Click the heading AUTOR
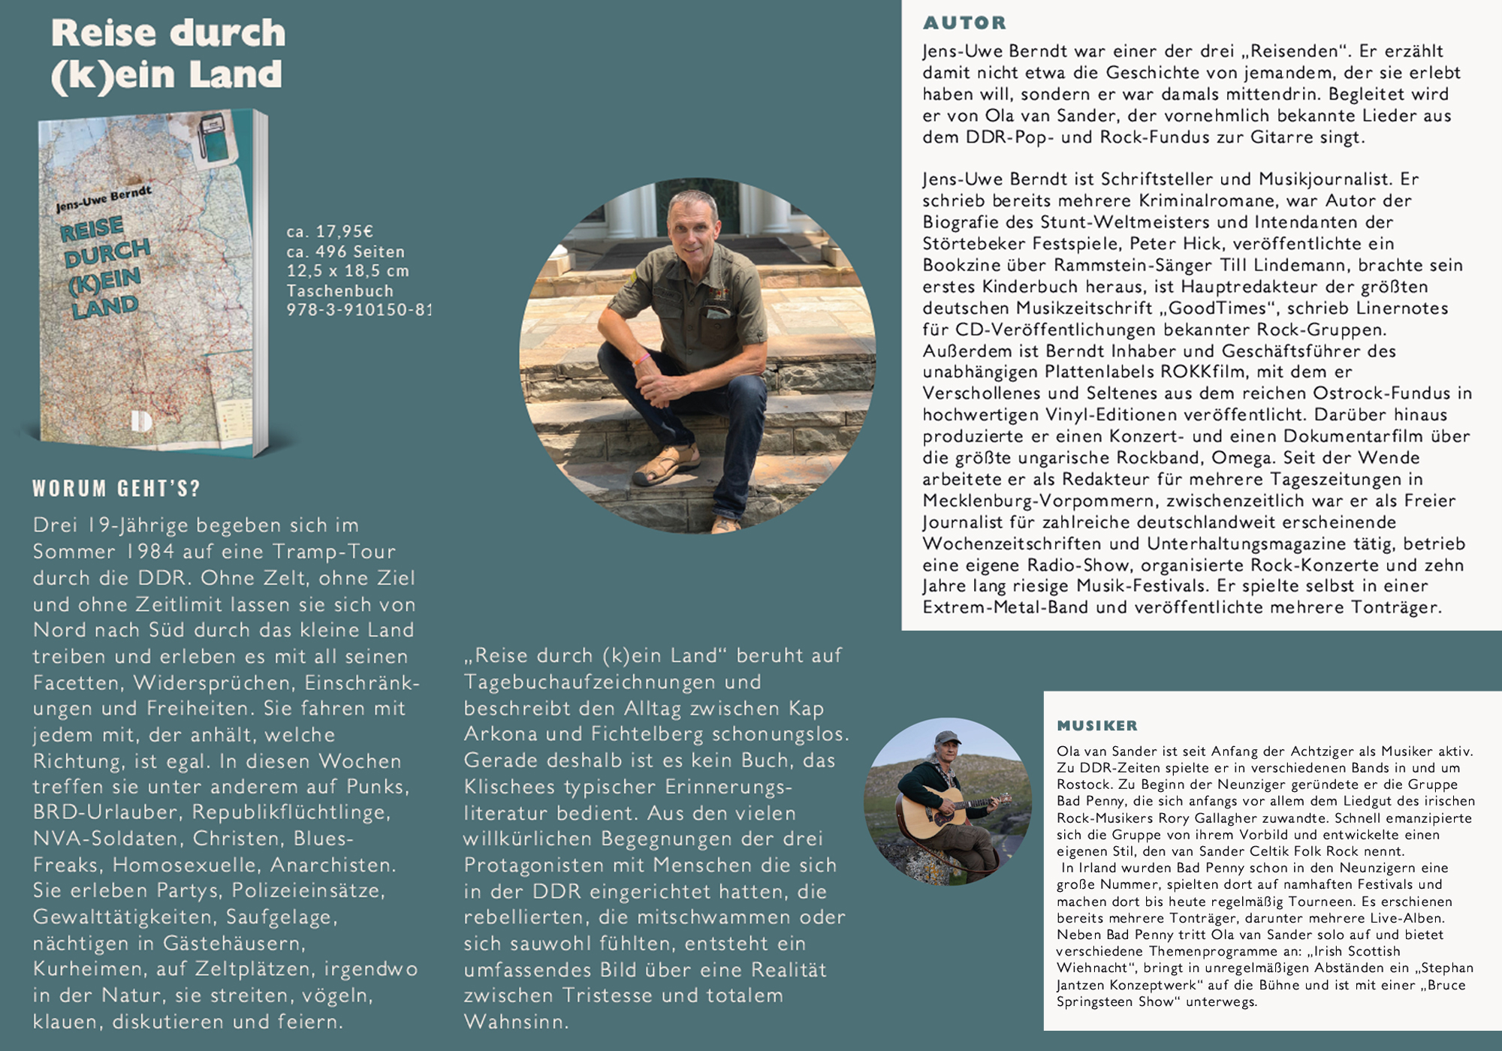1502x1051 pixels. [x=964, y=23]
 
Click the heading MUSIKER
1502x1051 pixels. [x=1097, y=726]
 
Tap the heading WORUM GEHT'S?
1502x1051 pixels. [x=116, y=489]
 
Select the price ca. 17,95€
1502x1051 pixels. [x=330, y=231]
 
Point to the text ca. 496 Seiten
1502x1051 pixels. [x=345, y=251]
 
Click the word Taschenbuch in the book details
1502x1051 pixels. [x=339, y=291]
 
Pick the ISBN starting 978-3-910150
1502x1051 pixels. [x=358, y=310]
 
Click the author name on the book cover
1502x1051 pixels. [x=104, y=200]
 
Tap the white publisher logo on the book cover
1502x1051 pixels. [x=141, y=420]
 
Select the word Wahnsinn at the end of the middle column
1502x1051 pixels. [x=516, y=1022]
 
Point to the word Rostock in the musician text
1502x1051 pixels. [x=1084, y=784]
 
